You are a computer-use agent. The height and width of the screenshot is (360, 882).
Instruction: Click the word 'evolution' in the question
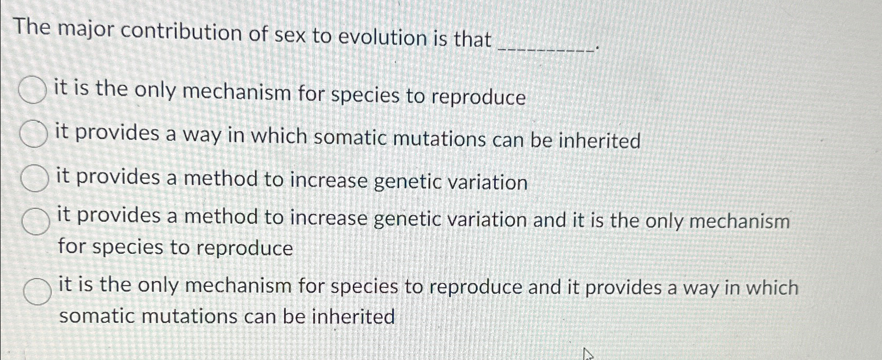pos(382,38)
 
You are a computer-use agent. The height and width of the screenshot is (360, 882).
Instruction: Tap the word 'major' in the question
pos(86,31)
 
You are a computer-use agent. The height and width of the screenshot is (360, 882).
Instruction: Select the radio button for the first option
pos(32,90)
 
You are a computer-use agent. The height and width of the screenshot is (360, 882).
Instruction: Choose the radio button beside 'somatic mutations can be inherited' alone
pos(34,134)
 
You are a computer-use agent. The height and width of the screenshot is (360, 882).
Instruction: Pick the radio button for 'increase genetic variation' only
pos(35,178)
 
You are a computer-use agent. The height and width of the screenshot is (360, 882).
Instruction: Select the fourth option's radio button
pos(36,221)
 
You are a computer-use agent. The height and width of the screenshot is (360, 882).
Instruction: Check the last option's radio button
pos(37,291)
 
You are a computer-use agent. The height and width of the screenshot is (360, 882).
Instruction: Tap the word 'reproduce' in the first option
pos(479,97)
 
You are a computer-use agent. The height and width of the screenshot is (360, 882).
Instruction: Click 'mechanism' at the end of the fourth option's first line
pos(740,221)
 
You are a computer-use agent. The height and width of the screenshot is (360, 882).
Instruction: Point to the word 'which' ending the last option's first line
pos(772,287)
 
